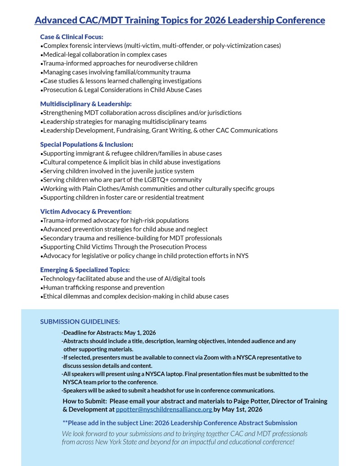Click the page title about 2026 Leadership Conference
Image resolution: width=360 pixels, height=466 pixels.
click(x=180, y=20)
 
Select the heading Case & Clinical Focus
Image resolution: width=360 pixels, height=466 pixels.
click(x=72, y=37)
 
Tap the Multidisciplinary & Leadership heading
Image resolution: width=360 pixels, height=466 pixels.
click(x=85, y=104)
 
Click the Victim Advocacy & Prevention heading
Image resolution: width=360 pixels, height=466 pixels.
click(x=85, y=212)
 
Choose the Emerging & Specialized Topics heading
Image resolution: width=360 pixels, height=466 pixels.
click(x=85, y=270)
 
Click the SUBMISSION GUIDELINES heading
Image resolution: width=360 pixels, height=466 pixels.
click(x=80, y=321)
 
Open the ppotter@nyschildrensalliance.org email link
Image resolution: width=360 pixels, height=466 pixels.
click(x=164, y=410)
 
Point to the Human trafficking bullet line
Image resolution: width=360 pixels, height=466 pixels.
click(x=103, y=287)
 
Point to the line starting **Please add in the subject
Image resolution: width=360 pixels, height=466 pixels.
click(x=180, y=423)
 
